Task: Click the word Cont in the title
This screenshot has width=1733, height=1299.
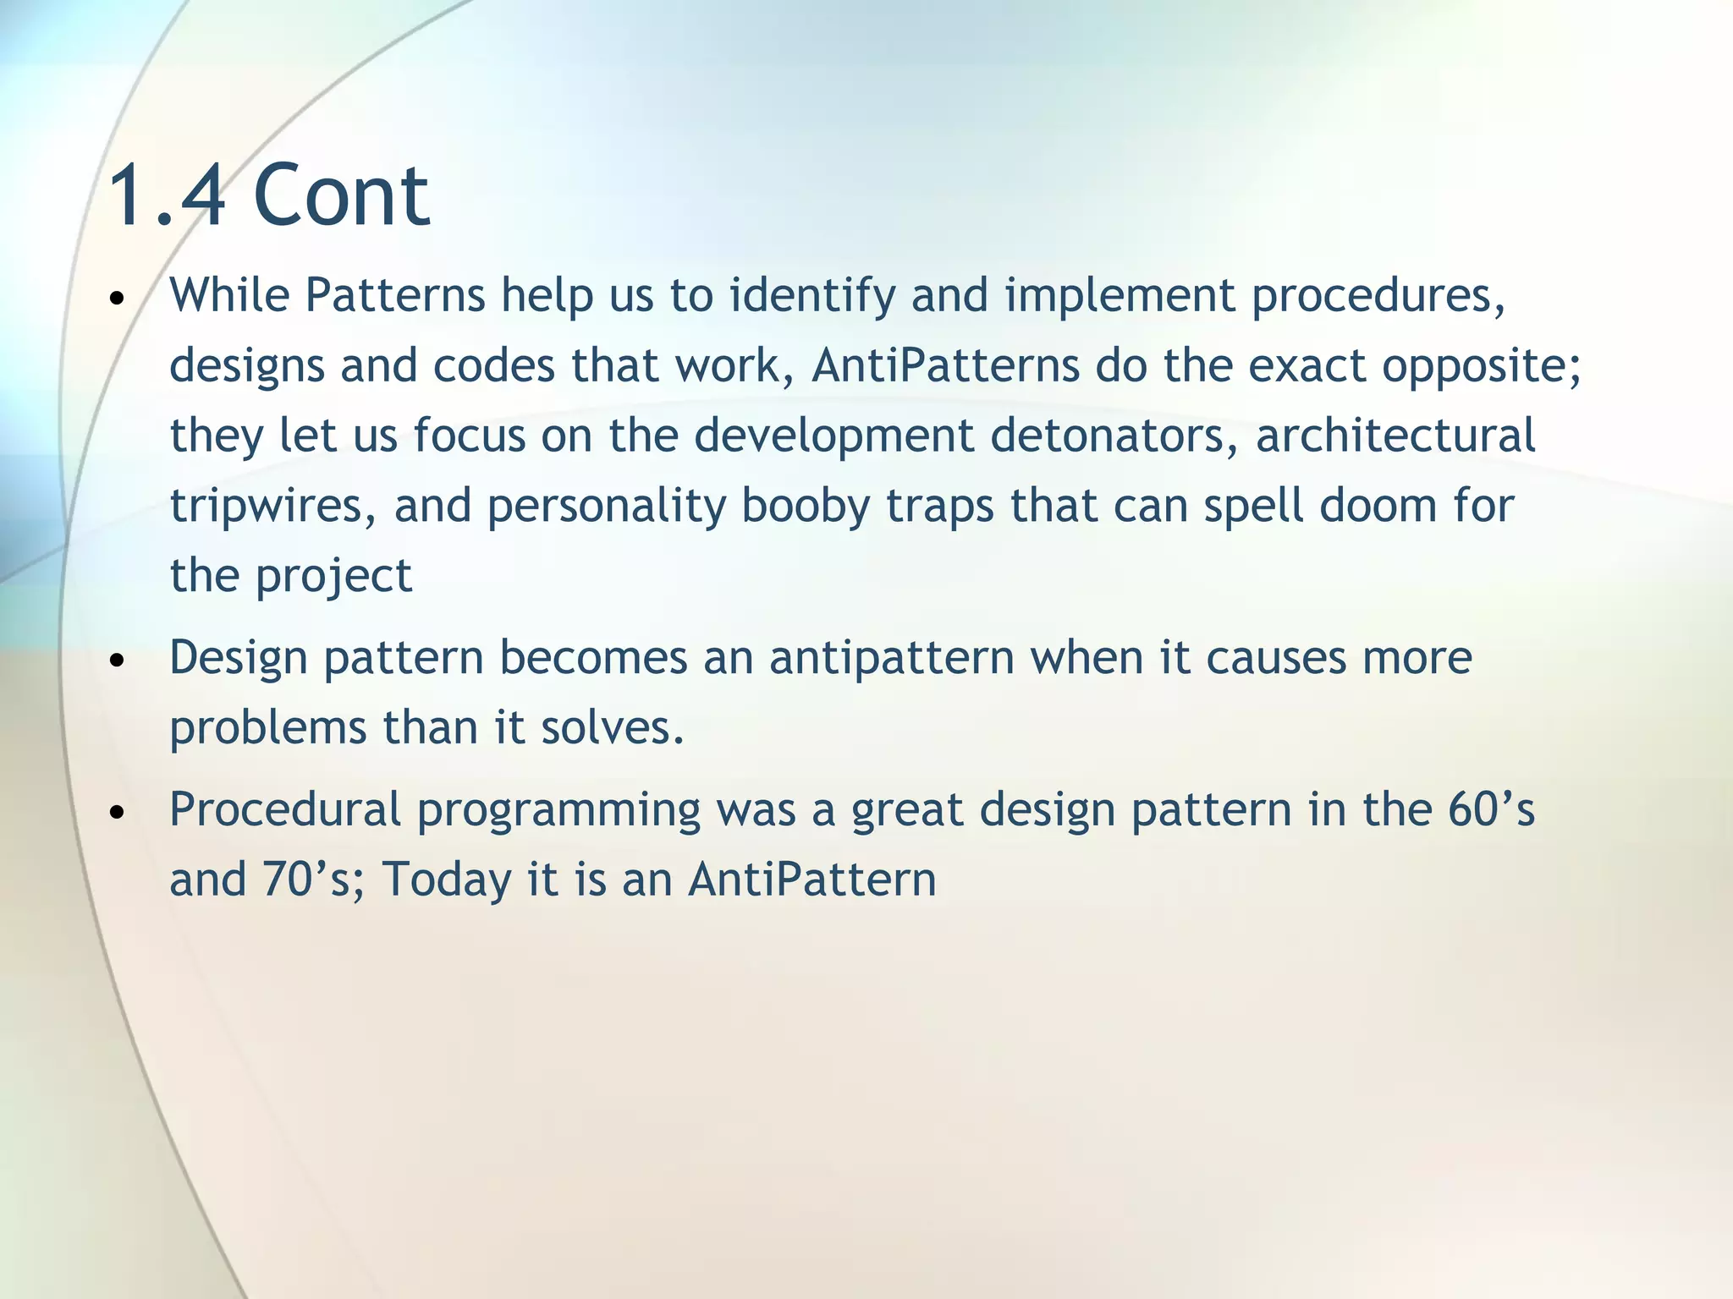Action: tap(341, 196)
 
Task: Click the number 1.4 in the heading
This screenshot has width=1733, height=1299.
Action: tap(168, 196)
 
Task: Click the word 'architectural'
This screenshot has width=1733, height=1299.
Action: tap(1395, 436)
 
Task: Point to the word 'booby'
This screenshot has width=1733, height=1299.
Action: tap(806, 506)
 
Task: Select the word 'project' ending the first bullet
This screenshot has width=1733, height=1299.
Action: tap(333, 577)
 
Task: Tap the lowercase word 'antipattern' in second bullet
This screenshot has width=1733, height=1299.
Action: tap(891, 658)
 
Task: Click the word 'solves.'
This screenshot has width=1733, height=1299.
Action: tap(613, 727)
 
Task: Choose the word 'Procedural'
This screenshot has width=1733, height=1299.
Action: tap(284, 809)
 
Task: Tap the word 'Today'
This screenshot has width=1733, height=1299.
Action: tap(447, 880)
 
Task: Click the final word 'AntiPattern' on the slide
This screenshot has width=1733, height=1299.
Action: tap(811, 880)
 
